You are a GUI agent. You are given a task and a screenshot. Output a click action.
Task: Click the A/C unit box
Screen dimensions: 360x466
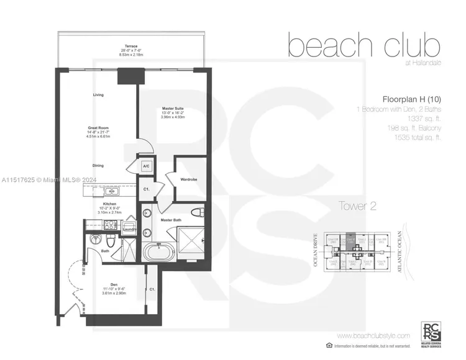click(147, 167)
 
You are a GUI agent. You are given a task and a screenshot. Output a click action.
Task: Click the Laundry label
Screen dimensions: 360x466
click(130, 230)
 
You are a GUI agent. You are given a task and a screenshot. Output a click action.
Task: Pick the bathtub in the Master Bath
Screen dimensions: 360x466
click(155, 251)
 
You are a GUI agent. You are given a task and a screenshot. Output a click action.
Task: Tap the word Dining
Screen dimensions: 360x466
click(98, 166)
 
